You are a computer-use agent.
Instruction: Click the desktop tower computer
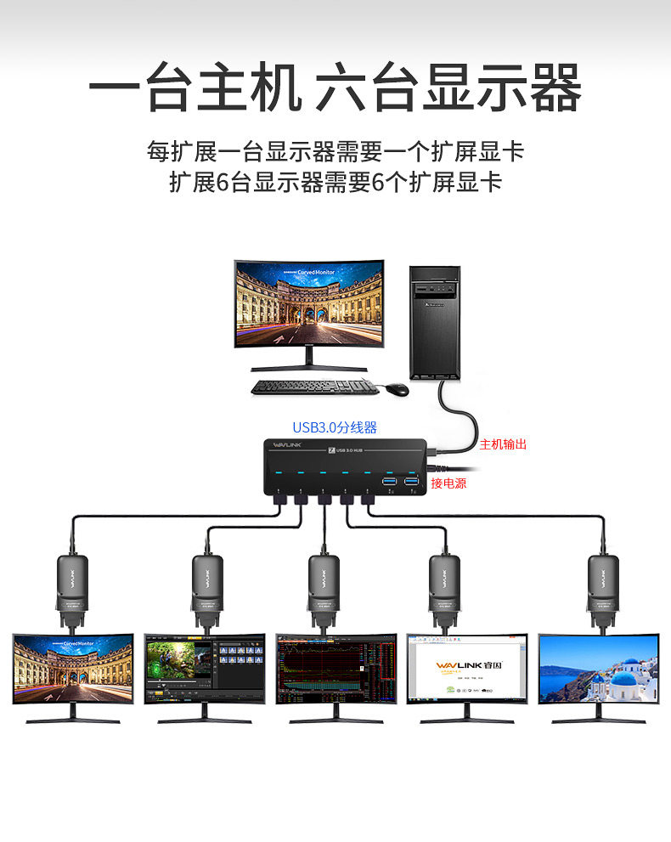click(x=434, y=322)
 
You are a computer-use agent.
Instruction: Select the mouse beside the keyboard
click(x=397, y=389)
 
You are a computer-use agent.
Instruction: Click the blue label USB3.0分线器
click(x=335, y=427)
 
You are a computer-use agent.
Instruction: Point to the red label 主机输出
click(x=504, y=444)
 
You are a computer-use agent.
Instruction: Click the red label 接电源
click(x=448, y=483)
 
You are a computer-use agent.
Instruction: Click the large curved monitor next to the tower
click(x=309, y=304)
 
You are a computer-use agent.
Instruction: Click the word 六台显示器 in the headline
click(x=448, y=88)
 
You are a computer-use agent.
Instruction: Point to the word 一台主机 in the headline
click(x=195, y=88)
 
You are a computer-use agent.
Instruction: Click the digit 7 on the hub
click(x=330, y=449)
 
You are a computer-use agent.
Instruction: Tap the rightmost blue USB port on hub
click(x=412, y=483)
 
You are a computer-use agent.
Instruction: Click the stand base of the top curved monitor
click(x=314, y=368)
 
